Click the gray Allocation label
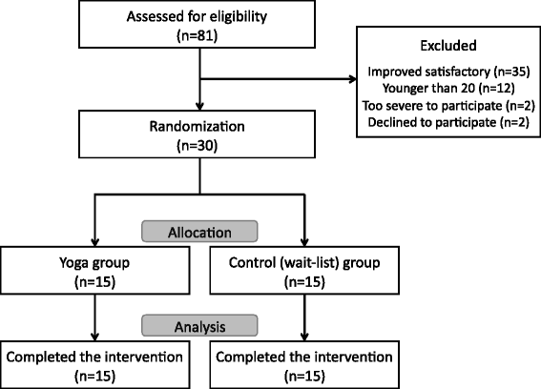199,232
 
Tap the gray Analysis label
199,325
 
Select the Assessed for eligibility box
197,24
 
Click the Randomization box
197,134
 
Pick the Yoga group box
94,271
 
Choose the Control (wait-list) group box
304,271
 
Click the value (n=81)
197,35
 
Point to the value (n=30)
197,146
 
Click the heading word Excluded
448,46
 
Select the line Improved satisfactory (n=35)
448,72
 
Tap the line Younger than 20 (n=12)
448,89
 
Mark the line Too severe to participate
432,106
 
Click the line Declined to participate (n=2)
448,122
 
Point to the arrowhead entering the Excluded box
353,79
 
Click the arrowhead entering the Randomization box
199,106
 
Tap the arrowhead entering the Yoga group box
94,242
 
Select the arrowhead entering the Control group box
304,242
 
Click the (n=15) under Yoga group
94,282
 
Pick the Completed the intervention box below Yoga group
94,365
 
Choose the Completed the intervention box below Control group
304,365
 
